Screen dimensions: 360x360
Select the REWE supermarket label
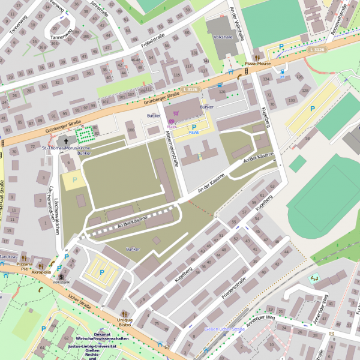coord(193,133)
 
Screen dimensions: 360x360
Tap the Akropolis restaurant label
coord(41,272)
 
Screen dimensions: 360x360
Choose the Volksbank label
coord(61,281)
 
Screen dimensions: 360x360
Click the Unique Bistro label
coord(125,322)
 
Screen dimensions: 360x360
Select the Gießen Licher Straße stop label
coord(225,329)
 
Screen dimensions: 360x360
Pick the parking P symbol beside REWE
coord(193,127)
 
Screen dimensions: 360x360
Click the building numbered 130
coord(292,100)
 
